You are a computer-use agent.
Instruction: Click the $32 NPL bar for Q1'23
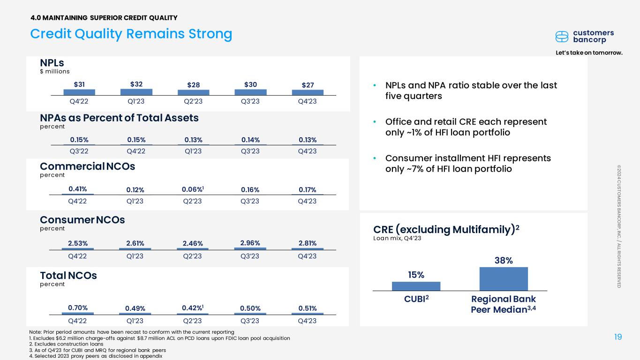point(136,92)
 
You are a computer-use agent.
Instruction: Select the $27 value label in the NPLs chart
point(308,85)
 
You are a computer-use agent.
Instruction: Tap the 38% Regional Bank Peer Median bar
point(504,279)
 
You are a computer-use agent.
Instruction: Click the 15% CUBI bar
point(416,286)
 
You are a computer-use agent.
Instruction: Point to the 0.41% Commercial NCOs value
point(78,189)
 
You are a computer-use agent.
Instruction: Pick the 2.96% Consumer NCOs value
point(250,243)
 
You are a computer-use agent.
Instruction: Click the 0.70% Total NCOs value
point(78,307)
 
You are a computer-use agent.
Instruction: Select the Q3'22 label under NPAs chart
point(79,151)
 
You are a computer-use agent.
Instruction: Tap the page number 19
point(618,337)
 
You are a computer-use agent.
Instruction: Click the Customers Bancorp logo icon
point(562,37)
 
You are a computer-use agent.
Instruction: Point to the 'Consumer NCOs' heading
point(83,220)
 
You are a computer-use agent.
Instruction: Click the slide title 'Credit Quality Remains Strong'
point(131,34)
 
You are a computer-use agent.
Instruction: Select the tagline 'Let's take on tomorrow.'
point(589,53)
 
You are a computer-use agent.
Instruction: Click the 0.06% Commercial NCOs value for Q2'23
point(193,189)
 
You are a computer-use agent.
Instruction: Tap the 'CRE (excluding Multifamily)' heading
point(446,229)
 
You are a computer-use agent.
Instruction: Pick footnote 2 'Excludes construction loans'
point(66,344)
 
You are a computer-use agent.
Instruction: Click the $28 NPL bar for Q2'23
point(194,92)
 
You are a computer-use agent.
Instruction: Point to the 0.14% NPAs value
point(250,140)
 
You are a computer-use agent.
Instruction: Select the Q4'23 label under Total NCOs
point(307,321)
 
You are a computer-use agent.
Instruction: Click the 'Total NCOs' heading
point(68,276)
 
